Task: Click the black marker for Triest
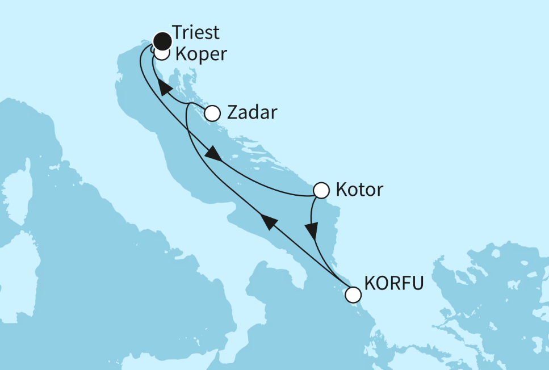(162, 40)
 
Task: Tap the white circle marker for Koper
(162, 54)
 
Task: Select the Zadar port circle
(212, 113)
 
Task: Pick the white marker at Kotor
(321, 190)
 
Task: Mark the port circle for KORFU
(353, 295)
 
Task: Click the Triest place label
(196, 32)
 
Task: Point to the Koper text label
(201, 54)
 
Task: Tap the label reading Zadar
(252, 112)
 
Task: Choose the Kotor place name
(359, 189)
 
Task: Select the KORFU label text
(393, 283)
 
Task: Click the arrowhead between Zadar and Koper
(164, 88)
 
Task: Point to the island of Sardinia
(17, 267)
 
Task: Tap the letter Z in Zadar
(232, 112)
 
